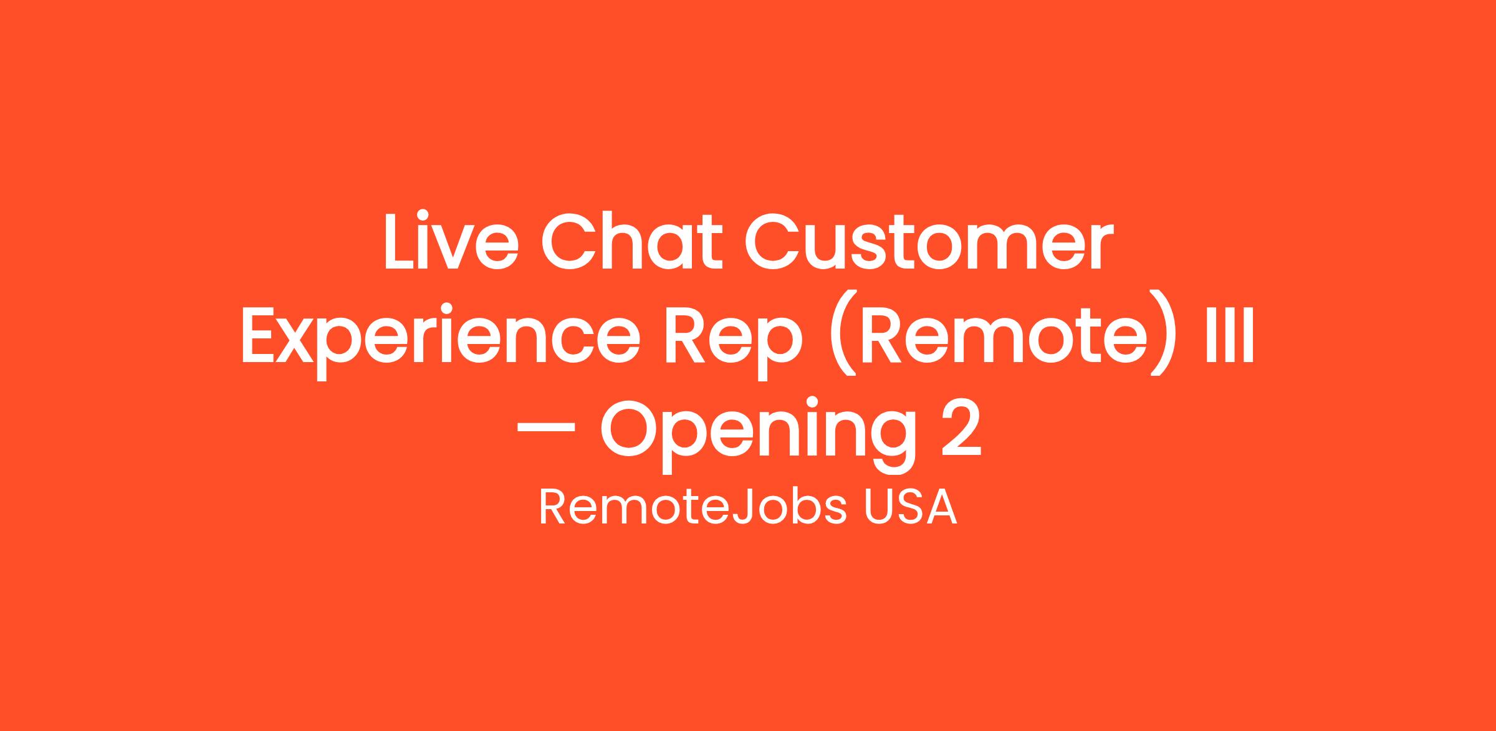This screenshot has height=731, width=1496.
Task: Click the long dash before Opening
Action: click(546, 428)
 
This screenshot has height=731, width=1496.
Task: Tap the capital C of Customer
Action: click(774, 242)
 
